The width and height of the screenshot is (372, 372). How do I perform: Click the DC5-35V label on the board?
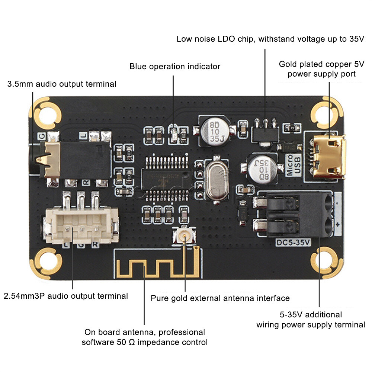pos(293,243)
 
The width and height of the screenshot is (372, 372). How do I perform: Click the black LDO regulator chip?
pos(265,133)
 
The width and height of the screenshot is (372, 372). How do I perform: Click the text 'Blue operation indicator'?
pos(175,67)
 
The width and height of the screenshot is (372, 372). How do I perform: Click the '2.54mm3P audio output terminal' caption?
pos(66,296)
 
